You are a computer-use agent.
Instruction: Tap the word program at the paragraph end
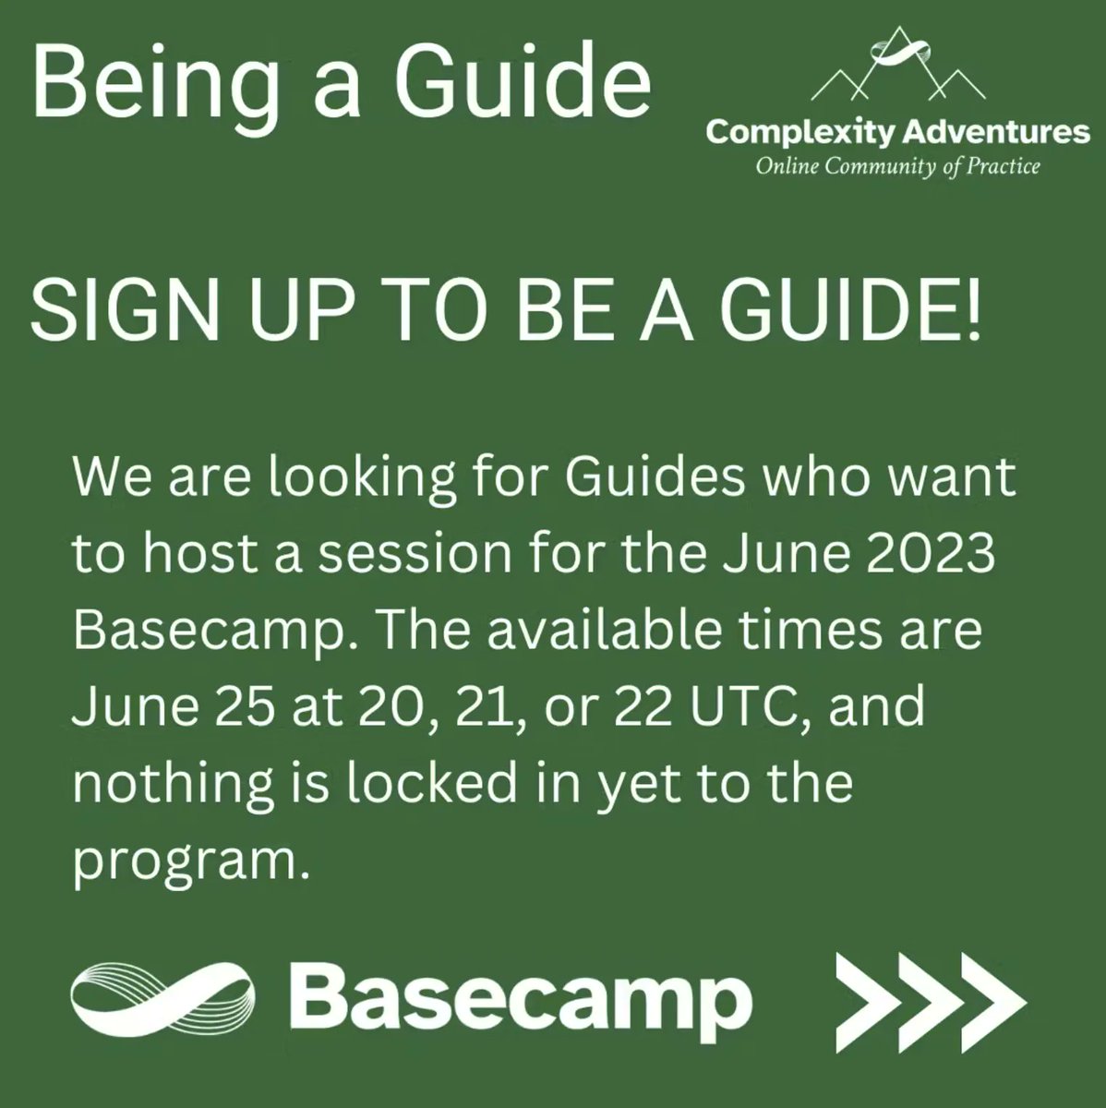pos(187,861)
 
